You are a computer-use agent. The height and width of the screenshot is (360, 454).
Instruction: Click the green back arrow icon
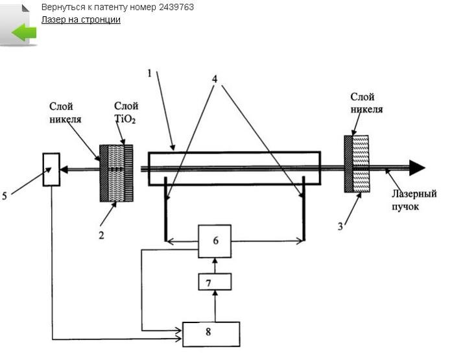click(24, 32)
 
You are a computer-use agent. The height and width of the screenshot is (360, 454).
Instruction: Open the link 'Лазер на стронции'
click(81, 19)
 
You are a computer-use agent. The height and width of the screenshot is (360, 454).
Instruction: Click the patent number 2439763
click(176, 7)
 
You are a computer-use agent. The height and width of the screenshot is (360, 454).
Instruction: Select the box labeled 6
click(215, 241)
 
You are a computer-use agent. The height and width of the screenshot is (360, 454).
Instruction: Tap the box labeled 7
click(215, 282)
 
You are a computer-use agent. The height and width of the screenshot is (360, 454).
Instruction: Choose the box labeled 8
click(211, 334)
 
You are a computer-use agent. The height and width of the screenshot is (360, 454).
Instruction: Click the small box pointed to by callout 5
click(51, 169)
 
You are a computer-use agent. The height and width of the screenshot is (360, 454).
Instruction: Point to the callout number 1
click(149, 73)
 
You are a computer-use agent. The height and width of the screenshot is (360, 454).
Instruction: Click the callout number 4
click(215, 78)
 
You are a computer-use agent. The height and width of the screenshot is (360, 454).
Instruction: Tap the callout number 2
click(101, 235)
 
